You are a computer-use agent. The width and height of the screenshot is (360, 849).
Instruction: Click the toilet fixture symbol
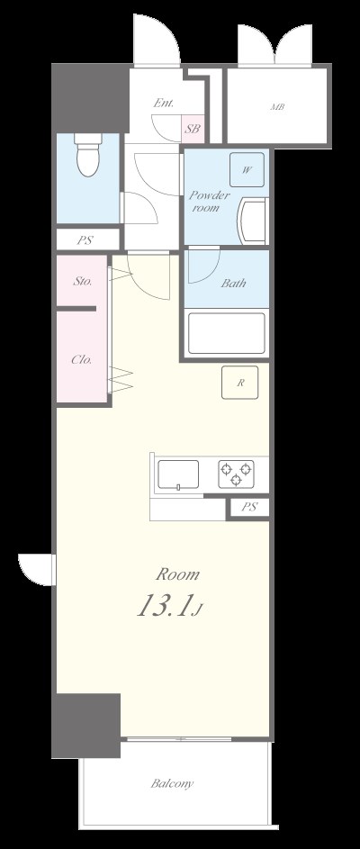[87, 157]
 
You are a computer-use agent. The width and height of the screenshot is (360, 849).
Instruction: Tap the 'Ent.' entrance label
[163, 104]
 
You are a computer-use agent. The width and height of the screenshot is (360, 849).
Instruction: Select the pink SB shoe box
[192, 129]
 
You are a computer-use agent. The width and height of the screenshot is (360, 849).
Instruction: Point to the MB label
[276, 108]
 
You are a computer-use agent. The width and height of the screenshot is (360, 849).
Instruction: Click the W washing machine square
[246, 168]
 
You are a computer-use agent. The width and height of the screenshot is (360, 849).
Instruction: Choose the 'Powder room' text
[209, 200]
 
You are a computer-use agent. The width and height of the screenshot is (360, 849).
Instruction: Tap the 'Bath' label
[233, 283]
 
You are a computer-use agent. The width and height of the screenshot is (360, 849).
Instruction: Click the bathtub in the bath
[227, 332]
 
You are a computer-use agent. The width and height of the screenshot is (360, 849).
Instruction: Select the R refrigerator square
[240, 383]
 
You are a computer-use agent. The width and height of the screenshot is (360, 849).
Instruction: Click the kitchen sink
[179, 474]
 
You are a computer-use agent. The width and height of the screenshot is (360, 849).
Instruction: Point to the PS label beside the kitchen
[249, 508]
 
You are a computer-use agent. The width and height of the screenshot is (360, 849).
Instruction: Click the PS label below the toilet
[85, 239]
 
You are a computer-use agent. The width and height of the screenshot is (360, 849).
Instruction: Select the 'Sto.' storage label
[80, 281]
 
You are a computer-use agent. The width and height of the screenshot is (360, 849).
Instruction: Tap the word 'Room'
[178, 574]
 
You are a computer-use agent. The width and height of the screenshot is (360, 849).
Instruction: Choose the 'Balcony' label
[172, 783]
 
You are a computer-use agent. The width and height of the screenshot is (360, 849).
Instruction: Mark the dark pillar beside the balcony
[85, 724]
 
